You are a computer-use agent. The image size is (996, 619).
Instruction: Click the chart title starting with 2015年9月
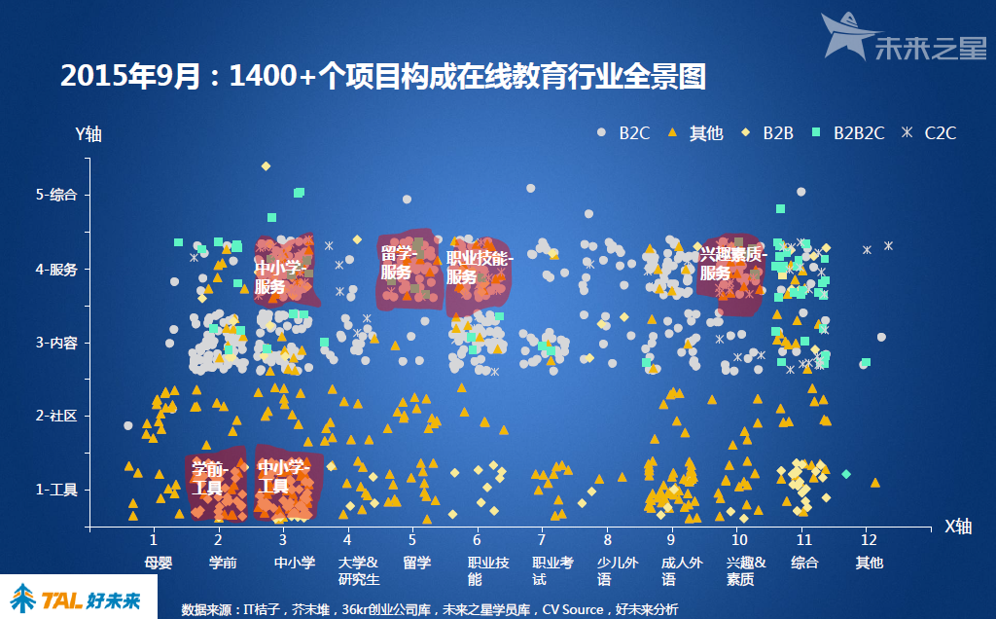(x=382, y=77)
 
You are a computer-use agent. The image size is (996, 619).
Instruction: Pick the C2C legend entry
(x=930, y=133)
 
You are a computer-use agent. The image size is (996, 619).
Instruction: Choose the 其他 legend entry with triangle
(x=696, y=133)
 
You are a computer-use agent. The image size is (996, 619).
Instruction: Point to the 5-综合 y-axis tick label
(x=56, y=195)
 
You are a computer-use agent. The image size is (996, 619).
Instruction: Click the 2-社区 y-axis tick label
(x=56, y=416)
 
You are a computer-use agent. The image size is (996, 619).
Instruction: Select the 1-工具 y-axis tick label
(x=56, y=490)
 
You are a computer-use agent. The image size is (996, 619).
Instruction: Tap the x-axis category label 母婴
(x=158, y=562)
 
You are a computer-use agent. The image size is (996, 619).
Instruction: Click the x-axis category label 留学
(x=416, y=562)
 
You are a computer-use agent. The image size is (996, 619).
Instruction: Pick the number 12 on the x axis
(x=869, y=538)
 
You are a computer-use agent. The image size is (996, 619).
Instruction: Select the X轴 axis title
(x=958, y=527)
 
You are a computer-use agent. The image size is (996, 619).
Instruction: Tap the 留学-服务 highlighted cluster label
(x=399, y=264)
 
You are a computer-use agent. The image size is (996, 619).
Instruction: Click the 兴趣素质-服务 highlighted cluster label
(x=731, y=264)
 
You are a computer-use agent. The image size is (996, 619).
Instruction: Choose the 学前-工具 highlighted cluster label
(x=208, y=477)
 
